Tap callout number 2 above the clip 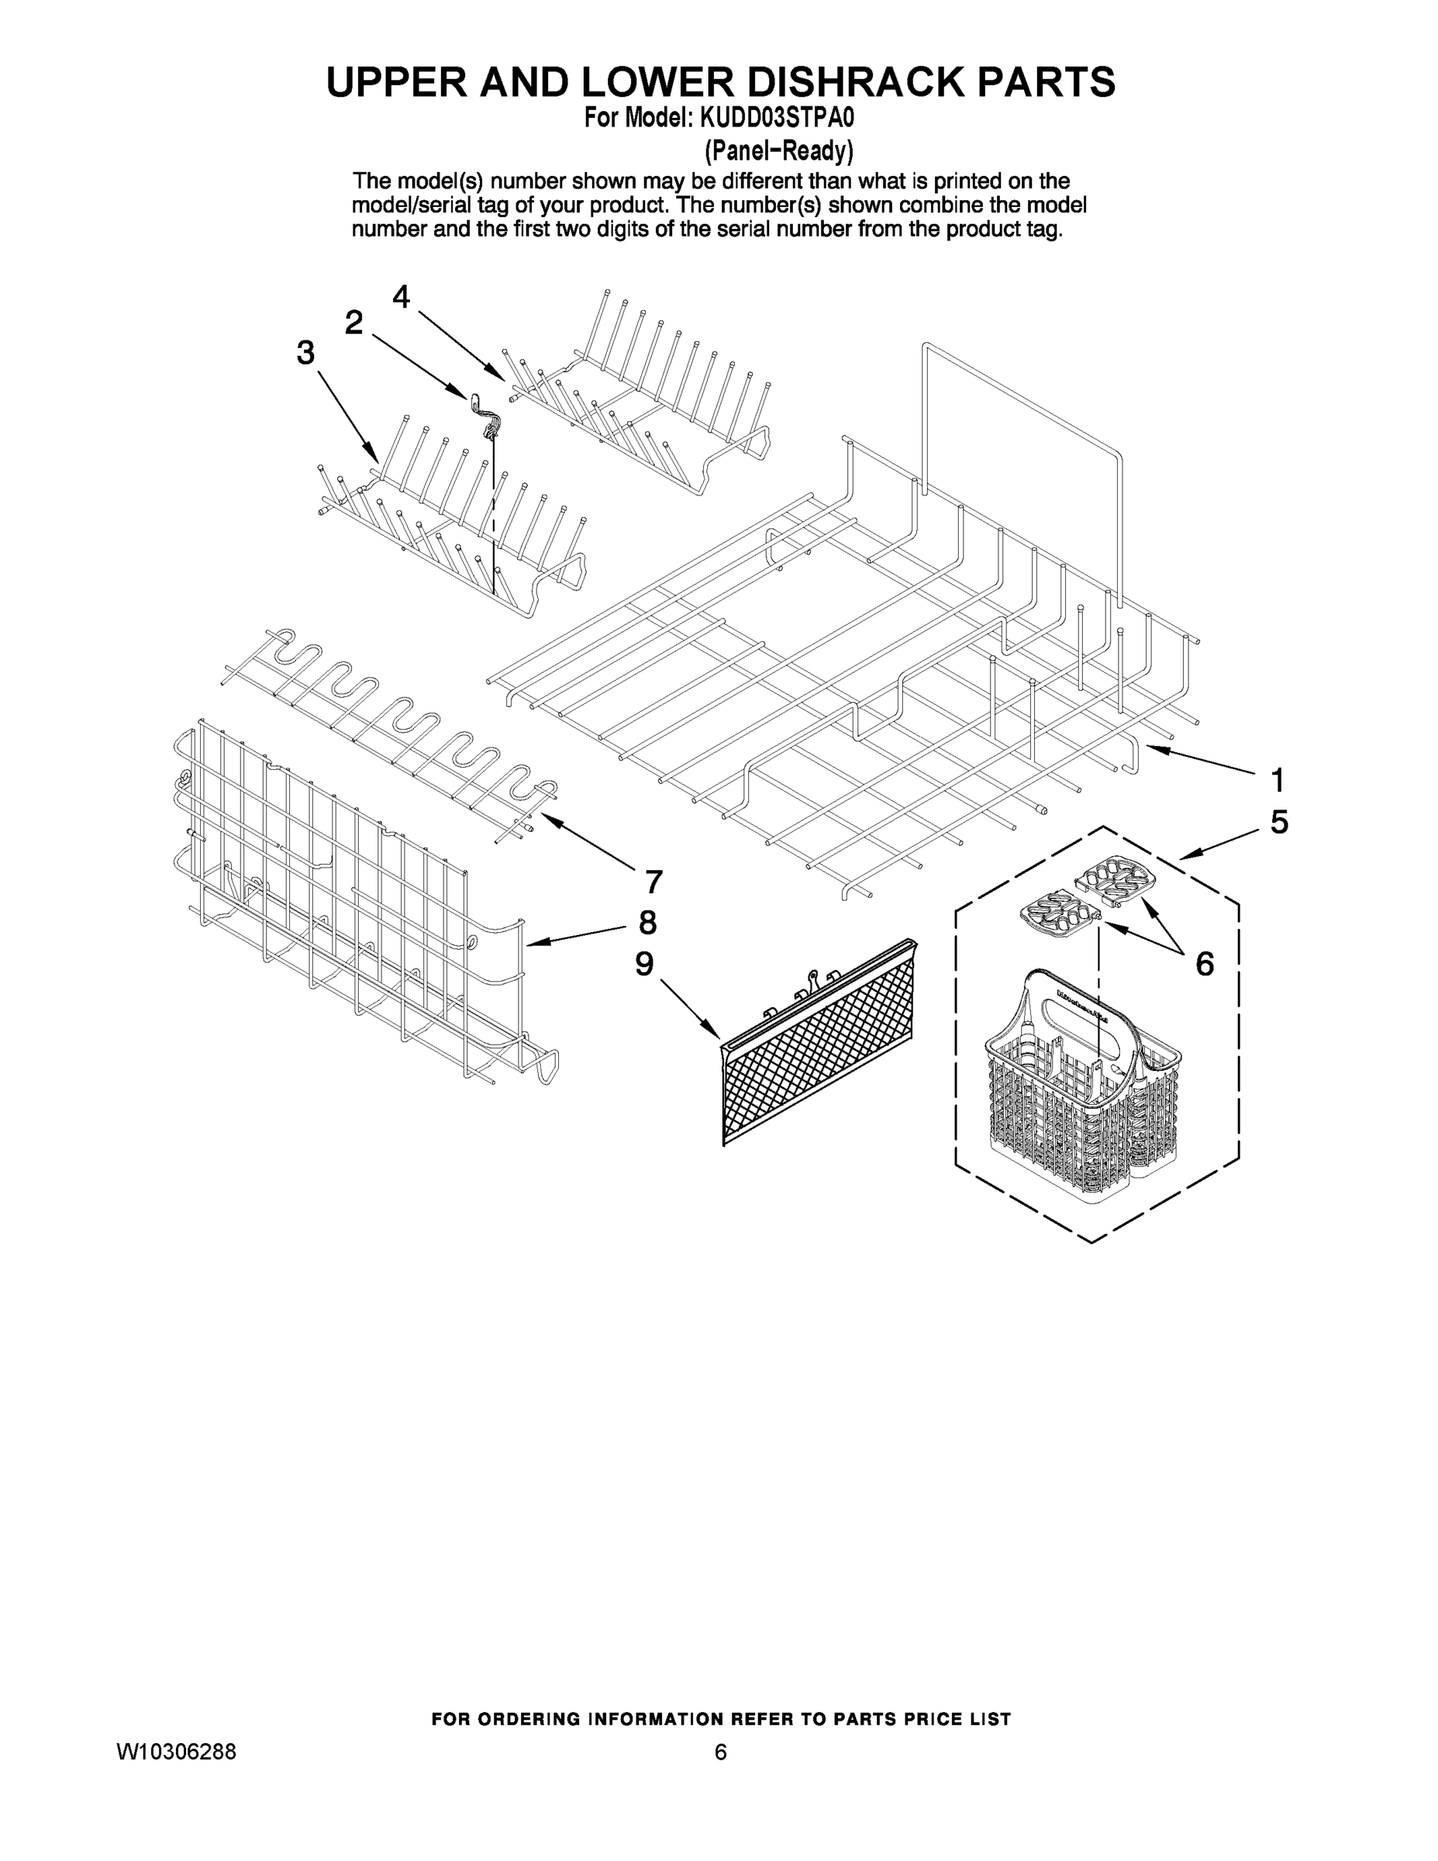tap(353, 322)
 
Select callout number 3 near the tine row tap(305, 352)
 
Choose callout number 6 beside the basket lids tap(1204, 964)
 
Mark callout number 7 tap(653, 882)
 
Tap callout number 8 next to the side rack tap(647, 922)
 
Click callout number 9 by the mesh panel tap(644, 964)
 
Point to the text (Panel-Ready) tap(778, 151)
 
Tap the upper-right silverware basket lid tap(1116, 878)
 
